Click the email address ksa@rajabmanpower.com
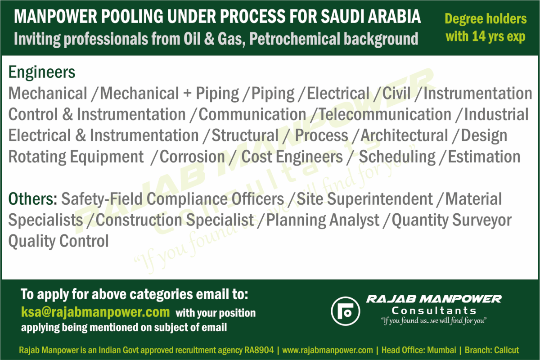pyautogui.click(x=95, y=312)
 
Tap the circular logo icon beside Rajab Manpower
pyautogui.click(x=346, y=311)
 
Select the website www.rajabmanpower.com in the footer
pyautogui.click(x=328, y=350)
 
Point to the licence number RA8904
pyautogui.click(x=259, y=350)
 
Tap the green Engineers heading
pyautogui.click(x=42, y=72)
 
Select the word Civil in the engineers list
pyautogui.click(x=396, y=93)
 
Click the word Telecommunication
pyautogui.click(x=385, y=114)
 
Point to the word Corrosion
pyautogui.click(x=192, y=157)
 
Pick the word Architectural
pyautogui.click(x=404, y=135)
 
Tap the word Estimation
pyautogui.click(x=484, y=157)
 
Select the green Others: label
pyautogui.click(x=33, y=199)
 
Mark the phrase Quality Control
pyautogui.click(x=58, y=242)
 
